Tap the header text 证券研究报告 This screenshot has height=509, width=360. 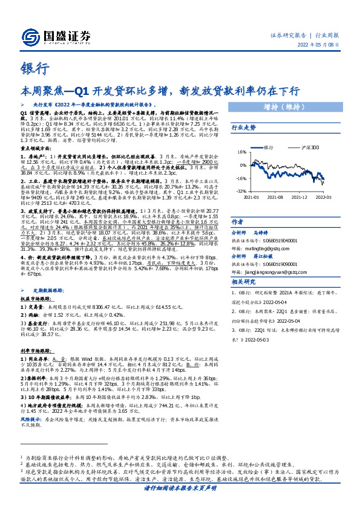tap(287, 36)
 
